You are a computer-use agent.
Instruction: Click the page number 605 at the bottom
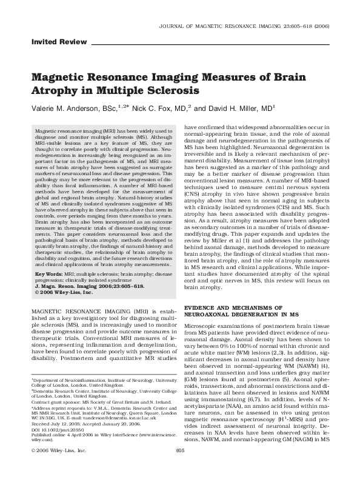point(179,467)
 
